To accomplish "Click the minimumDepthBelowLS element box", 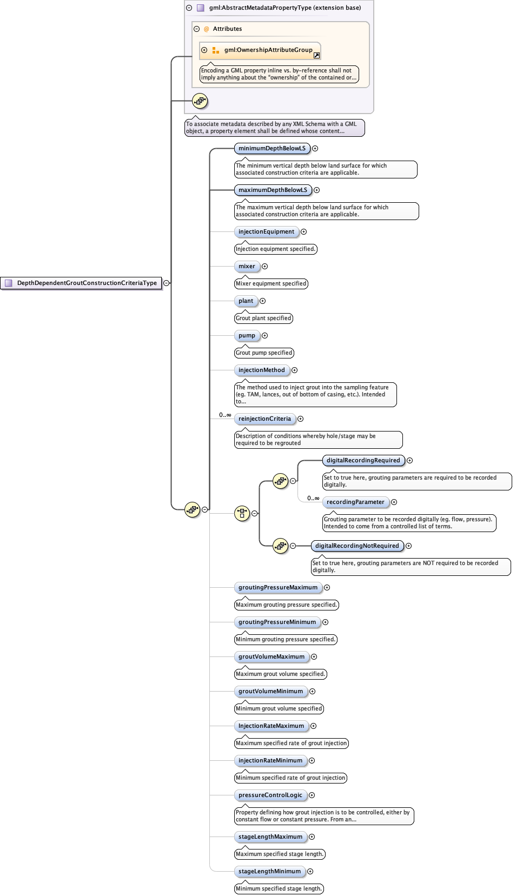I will point(272,148).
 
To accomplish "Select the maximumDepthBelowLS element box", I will point(273,190).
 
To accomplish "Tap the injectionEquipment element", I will point(266,231).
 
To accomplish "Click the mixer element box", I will point(247,266).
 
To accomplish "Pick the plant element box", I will point(246,301).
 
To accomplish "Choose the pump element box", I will point(247,335).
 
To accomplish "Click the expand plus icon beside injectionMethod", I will point(294,370).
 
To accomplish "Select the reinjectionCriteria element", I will point(264,419).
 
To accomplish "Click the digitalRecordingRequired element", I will point(363,460).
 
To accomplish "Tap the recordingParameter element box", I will point(355,502).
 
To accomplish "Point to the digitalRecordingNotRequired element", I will point(357,546).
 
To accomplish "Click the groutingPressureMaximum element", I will point(278,587).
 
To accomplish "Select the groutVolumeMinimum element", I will point(270,691).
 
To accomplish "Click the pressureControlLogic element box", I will point(270,795).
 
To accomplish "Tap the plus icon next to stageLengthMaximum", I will point(312,837).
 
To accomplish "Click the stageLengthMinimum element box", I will point(269,871).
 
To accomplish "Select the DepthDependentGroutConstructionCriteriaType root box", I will point(82,283).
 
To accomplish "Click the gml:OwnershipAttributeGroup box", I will point(260,50).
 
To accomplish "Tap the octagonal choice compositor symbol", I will point(242,513).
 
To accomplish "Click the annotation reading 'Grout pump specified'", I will point(264,353).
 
